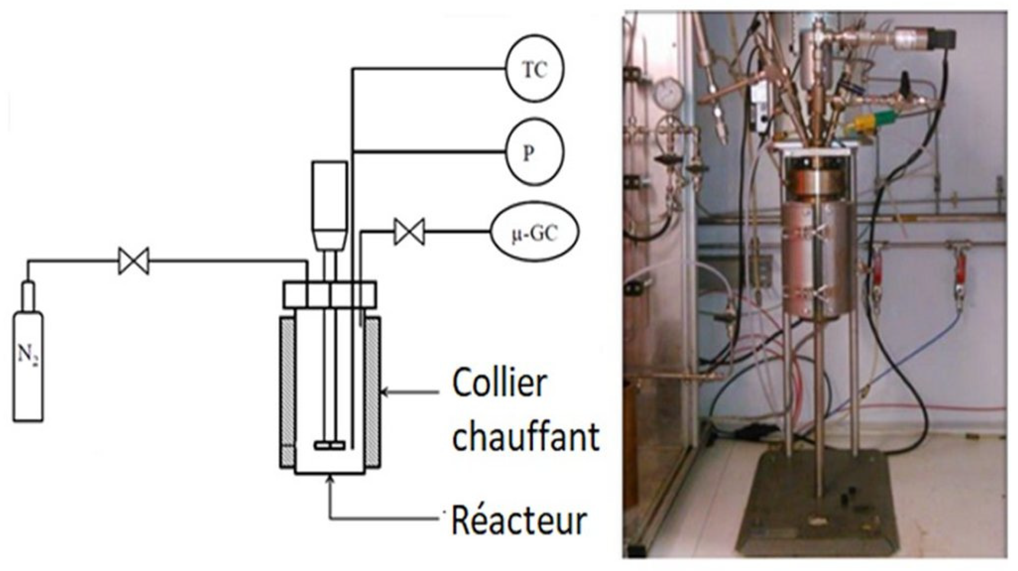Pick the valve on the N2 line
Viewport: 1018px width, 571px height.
point(134,261)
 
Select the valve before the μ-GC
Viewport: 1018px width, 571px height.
point(409,231)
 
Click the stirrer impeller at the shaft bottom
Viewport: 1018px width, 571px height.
point(330,445)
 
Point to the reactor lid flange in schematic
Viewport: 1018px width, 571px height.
point(330,294)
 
